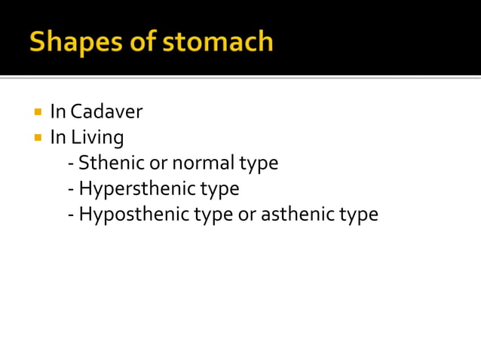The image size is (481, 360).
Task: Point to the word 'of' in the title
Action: point(146,41)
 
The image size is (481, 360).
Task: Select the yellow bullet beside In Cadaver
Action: point(37,112)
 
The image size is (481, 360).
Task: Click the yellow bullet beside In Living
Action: point(37,138)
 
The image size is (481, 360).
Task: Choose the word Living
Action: point(97,138)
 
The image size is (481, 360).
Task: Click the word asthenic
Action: point(297,214)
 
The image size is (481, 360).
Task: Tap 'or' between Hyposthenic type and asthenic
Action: point(247,214)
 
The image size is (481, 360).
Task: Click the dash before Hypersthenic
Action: point(71,189)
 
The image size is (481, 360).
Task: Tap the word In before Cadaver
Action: point(57,112)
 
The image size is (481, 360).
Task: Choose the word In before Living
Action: point(57,138)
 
